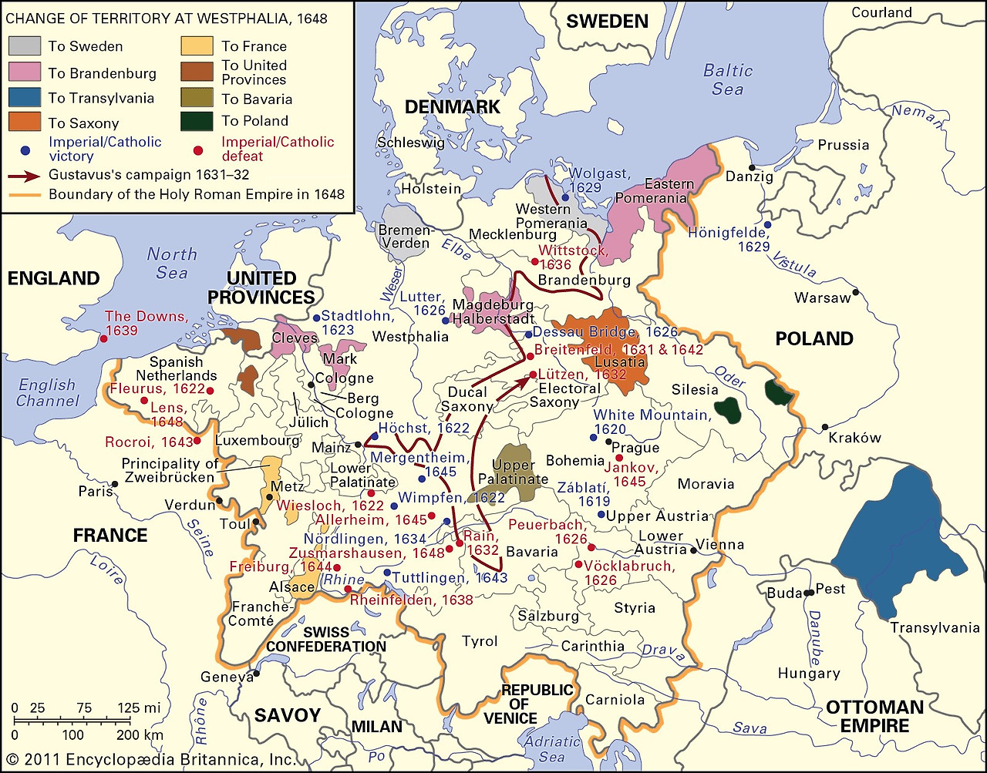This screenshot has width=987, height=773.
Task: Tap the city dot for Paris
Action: point(115,484)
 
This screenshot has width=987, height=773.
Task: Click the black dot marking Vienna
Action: point(695,550)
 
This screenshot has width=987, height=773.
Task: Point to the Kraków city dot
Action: point(825,427)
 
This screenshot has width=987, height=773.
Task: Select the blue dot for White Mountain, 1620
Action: point(593,438)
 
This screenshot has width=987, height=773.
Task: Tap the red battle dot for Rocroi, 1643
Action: point(197,441)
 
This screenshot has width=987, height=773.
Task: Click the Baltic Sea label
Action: point(728,79)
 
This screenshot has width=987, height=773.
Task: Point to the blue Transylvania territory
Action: point(902,539)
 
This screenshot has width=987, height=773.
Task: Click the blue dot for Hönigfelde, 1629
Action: point(767,224)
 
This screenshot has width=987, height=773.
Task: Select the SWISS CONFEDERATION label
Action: point(326,639)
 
